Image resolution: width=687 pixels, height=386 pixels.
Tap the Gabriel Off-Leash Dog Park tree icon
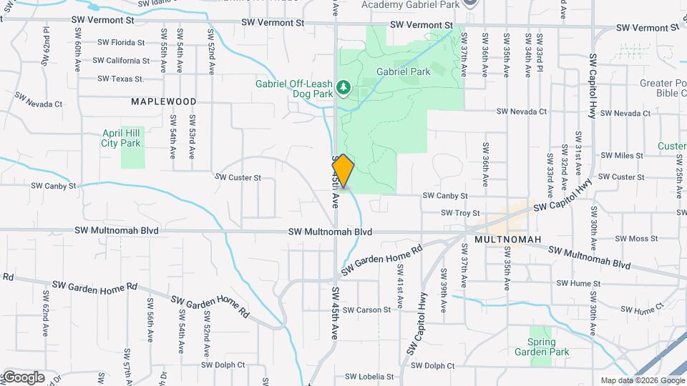(x=344, y=87)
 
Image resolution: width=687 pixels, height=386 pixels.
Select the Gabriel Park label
(x=404, y=71)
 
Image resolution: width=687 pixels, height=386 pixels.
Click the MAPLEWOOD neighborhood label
(x=164, y=102)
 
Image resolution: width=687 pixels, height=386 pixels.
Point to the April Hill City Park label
(x=121, y=138)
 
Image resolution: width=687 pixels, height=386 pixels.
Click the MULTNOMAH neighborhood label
(x=507, y=239)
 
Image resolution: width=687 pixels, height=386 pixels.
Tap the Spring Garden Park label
(x=542, y=347)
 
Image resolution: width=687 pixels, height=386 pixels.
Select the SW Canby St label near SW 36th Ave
(x=445, y=195)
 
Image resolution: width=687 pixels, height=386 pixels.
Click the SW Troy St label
(x=460, y=213)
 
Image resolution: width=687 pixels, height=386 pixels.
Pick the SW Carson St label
(x=366, y=310)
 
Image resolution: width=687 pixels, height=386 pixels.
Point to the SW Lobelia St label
(x=369, y=376)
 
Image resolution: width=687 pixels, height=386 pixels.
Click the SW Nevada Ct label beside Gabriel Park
(x=522, y=112)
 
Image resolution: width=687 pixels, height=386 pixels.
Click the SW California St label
(x=122, y=61)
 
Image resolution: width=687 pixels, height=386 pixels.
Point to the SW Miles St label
(x=623, y=155)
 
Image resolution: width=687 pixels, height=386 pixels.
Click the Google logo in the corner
(x=23, y=377)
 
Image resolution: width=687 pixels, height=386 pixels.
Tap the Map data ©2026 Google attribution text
(x=642, y=380)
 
